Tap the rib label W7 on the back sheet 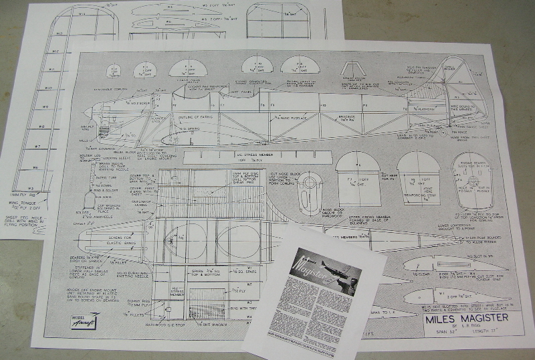[39, 147]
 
